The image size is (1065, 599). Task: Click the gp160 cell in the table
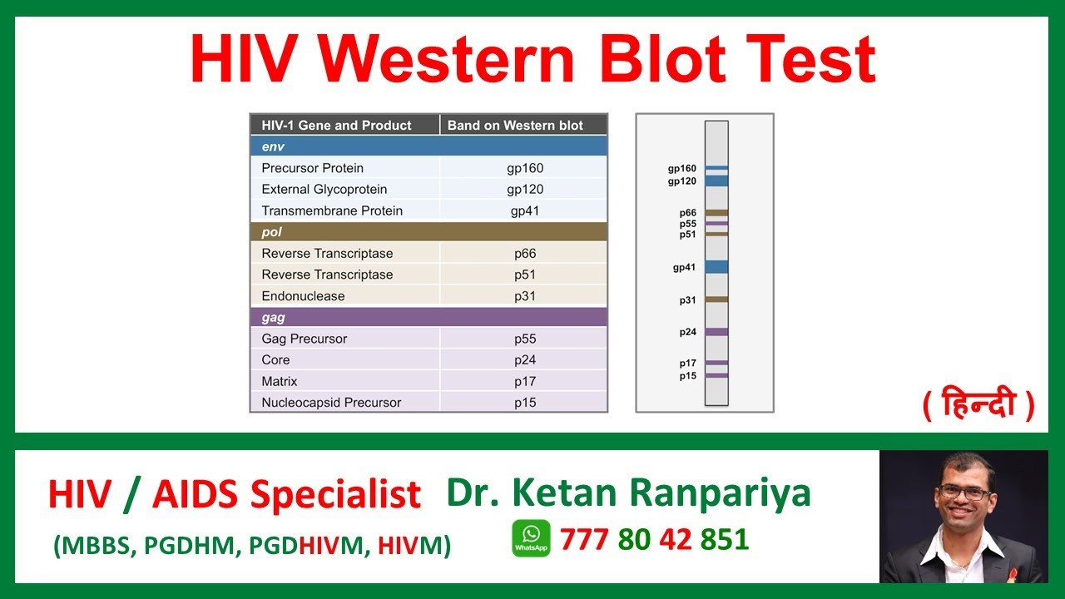tap(525, 168)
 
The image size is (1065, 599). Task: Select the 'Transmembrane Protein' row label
tap(332, 210)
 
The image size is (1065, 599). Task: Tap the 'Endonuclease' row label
tap(303, 296)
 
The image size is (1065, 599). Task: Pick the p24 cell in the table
tap(525, 360)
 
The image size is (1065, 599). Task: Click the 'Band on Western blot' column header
tap(515, 126)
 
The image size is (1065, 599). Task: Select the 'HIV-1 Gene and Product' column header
tap(336, 126)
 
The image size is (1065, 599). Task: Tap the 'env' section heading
tap(273, 147)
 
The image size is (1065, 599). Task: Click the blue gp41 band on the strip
tap(716, 267)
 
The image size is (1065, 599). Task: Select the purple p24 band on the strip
tap(716, 332)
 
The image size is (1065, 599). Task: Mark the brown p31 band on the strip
tap(716, 299)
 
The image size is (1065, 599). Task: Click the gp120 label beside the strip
tap(682, 181)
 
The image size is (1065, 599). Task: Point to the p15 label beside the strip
tap(687, 376)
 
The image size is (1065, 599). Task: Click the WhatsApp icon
tap(531, 538)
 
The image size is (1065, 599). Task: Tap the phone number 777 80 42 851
tap(654, 539)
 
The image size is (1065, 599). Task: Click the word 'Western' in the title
tap(456, 60)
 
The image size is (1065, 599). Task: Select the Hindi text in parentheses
tap(978, 405)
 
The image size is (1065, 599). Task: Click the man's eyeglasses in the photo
tap(964, 493)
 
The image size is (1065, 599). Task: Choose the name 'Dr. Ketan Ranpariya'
tap(628, 493)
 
